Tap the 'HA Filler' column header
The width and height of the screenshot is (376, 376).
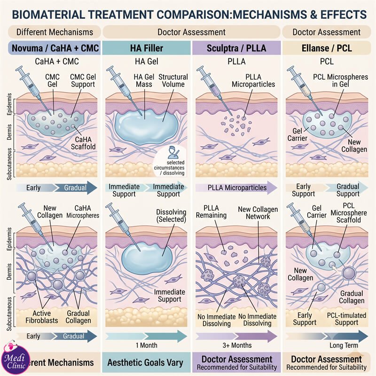click(x=147, y=48)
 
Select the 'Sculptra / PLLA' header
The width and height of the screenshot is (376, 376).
click(x=236, y=48)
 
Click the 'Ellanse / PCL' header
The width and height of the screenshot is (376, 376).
click(x=327, y=48)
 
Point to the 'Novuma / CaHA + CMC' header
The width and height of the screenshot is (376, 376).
click(x=55, y=48)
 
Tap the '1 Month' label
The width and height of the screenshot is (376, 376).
click(x=147, y=345)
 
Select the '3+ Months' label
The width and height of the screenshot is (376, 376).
click(x=237, y=345)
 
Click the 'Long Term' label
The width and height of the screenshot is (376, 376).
click(x=344, y=345)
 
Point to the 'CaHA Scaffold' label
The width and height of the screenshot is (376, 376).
click(x=83, y=143)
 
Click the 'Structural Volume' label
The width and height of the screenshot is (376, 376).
click(x=173, y=80)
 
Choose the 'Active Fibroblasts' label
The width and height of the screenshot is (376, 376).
click(x=42, y=317)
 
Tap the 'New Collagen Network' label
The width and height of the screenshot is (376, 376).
click(x=258, y=213)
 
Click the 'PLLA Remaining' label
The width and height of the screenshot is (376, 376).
click(x=211, y=211)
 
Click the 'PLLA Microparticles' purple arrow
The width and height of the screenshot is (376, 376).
click(x=236, y=188)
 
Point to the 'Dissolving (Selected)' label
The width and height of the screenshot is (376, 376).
click(x=171, y=216)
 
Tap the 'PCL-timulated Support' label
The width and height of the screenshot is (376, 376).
click(x=346, y=319)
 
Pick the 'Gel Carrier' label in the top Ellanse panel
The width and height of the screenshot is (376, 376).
click(x=298, y=134)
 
